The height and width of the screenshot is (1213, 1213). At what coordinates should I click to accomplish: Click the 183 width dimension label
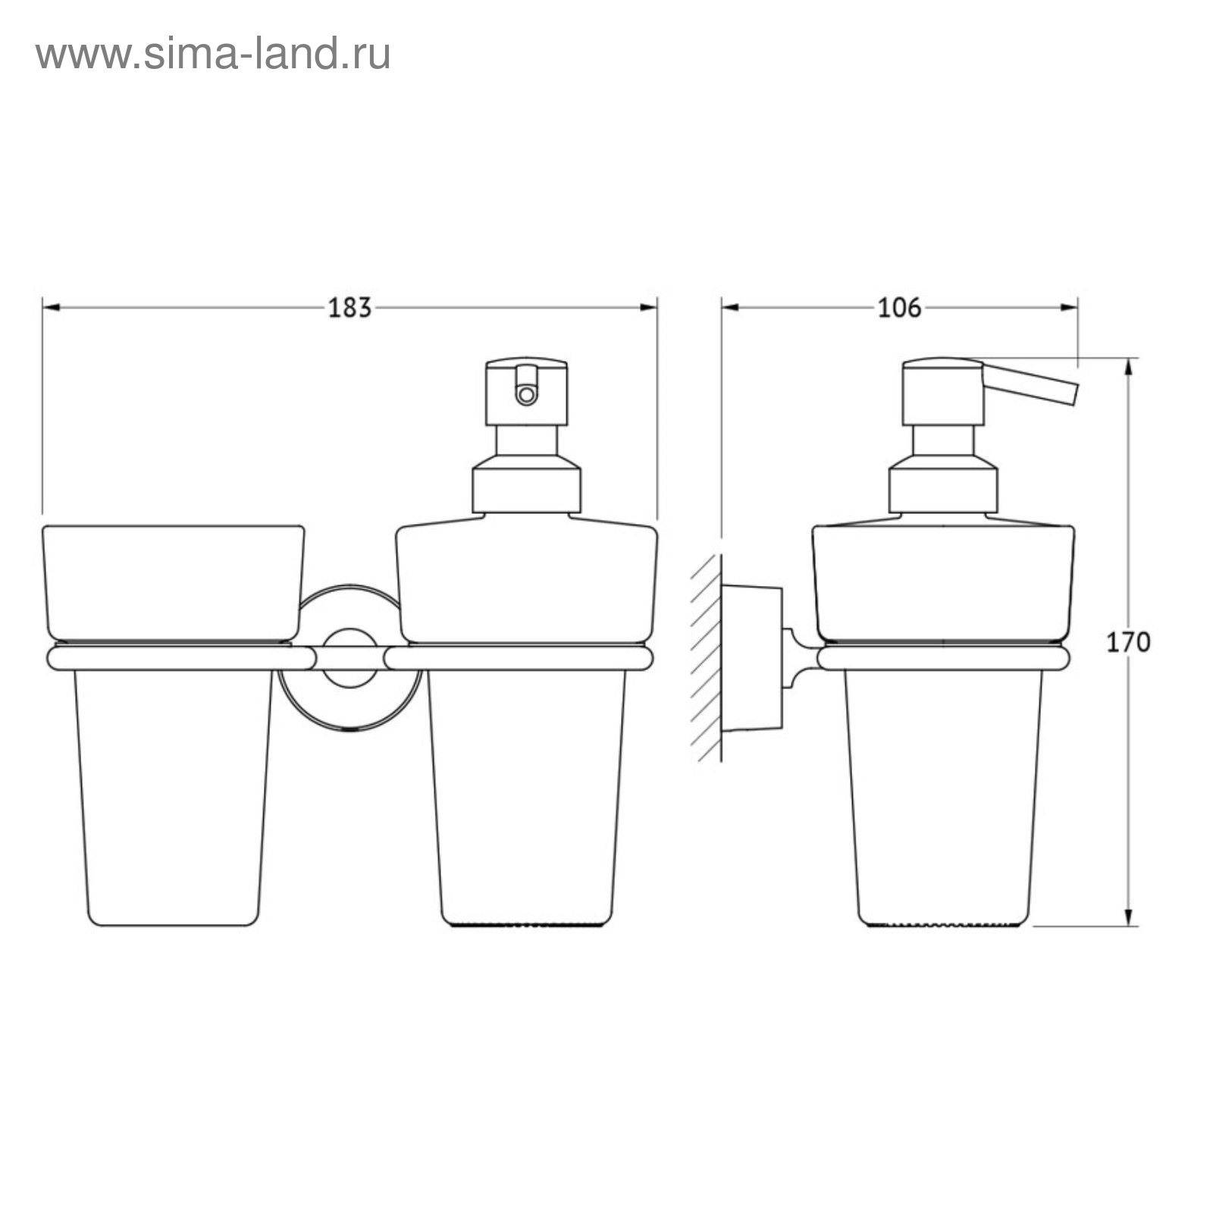click(349, 308)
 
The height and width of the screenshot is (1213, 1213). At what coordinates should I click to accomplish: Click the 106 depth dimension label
click(899, 308)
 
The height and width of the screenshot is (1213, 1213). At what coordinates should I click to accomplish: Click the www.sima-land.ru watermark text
click(213, 54)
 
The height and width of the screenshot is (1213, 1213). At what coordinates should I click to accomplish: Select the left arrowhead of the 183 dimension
click(51, 308)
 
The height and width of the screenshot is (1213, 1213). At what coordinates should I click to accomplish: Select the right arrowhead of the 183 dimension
click(648, 308)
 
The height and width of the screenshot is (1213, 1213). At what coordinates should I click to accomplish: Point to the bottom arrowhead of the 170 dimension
click(1129, 917)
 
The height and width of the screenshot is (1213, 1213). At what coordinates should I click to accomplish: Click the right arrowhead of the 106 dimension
click(1069, 308)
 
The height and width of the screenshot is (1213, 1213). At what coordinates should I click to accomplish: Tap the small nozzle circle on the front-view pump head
click(525, 394)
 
